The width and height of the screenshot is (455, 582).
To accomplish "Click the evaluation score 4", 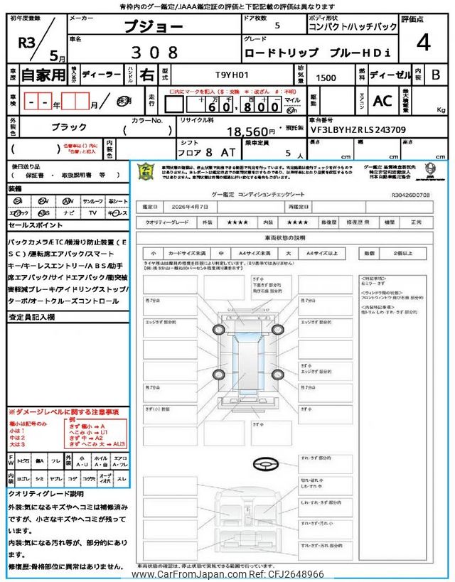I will [423, 43].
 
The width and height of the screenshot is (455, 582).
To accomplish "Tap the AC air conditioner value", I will [382, 102].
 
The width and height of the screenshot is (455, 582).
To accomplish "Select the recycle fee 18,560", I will [250, 131].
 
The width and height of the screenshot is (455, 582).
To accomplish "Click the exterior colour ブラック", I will [70, 126].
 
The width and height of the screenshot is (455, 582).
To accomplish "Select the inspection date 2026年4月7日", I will [196, 206].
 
